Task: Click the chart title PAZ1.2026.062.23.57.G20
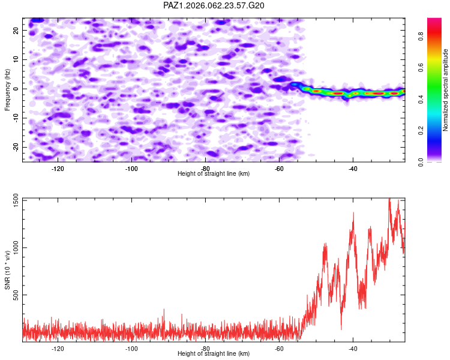tap(214, 5)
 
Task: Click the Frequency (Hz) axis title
tap(8, 88)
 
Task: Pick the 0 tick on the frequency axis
tap(19, 89)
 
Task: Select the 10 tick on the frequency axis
tap(16, 59)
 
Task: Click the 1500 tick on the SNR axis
tap(13, 199)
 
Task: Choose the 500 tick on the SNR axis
tap(14, 295)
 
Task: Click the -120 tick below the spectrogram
tap(58, 168)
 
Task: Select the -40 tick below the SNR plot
tap(353, 348)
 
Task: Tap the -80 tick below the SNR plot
tap(206, 348)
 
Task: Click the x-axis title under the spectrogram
tap(214, 173)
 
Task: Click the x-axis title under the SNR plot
tap(214, 354)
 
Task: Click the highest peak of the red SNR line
tap(389, 199)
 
